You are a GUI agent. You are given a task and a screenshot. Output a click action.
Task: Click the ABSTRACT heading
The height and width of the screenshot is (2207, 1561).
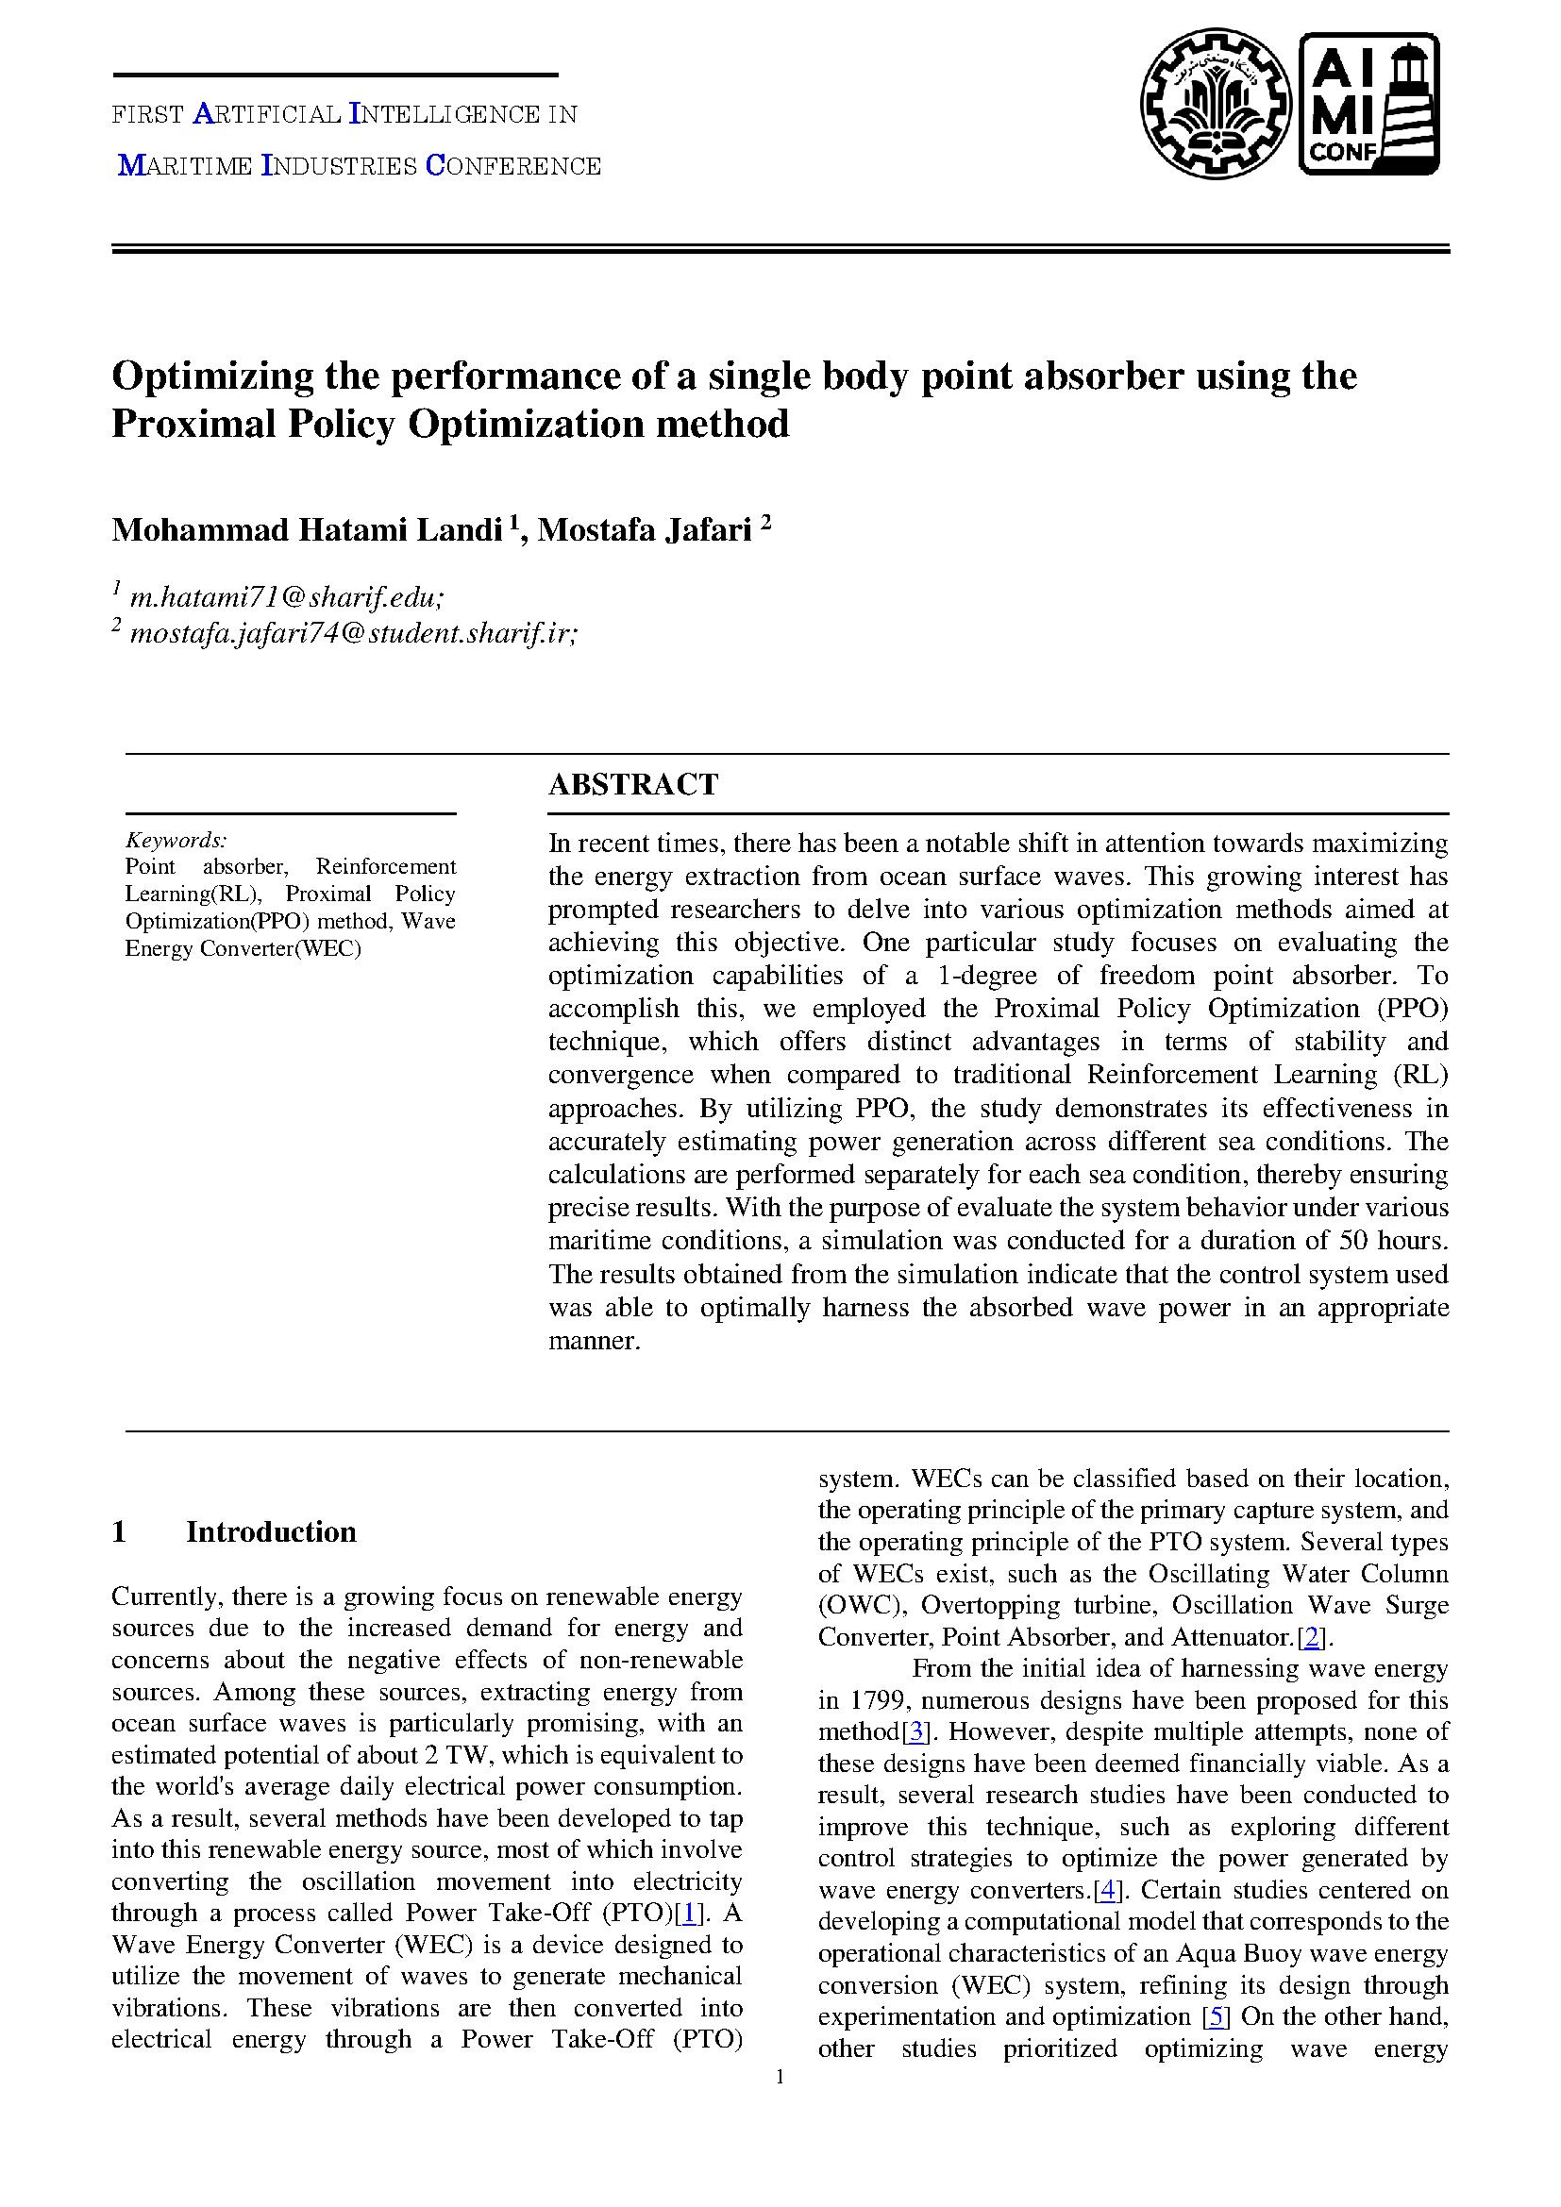point(632,784)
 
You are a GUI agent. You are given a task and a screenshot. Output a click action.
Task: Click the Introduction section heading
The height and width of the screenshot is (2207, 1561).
point(270,1531)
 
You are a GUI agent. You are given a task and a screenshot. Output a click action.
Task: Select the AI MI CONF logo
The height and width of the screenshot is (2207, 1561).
point(1368,104)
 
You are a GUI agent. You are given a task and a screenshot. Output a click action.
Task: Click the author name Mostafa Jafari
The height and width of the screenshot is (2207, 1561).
point(644,529)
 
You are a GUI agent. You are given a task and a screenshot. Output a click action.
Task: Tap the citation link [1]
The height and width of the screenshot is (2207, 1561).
point(686,1913)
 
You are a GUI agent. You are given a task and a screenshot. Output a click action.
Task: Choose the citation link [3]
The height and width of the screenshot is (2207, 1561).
point(917,1732)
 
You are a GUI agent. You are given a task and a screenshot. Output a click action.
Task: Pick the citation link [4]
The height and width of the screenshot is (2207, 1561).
point(1109,1890)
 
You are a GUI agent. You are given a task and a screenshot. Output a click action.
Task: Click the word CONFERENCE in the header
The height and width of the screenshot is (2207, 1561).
point(513,166)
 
